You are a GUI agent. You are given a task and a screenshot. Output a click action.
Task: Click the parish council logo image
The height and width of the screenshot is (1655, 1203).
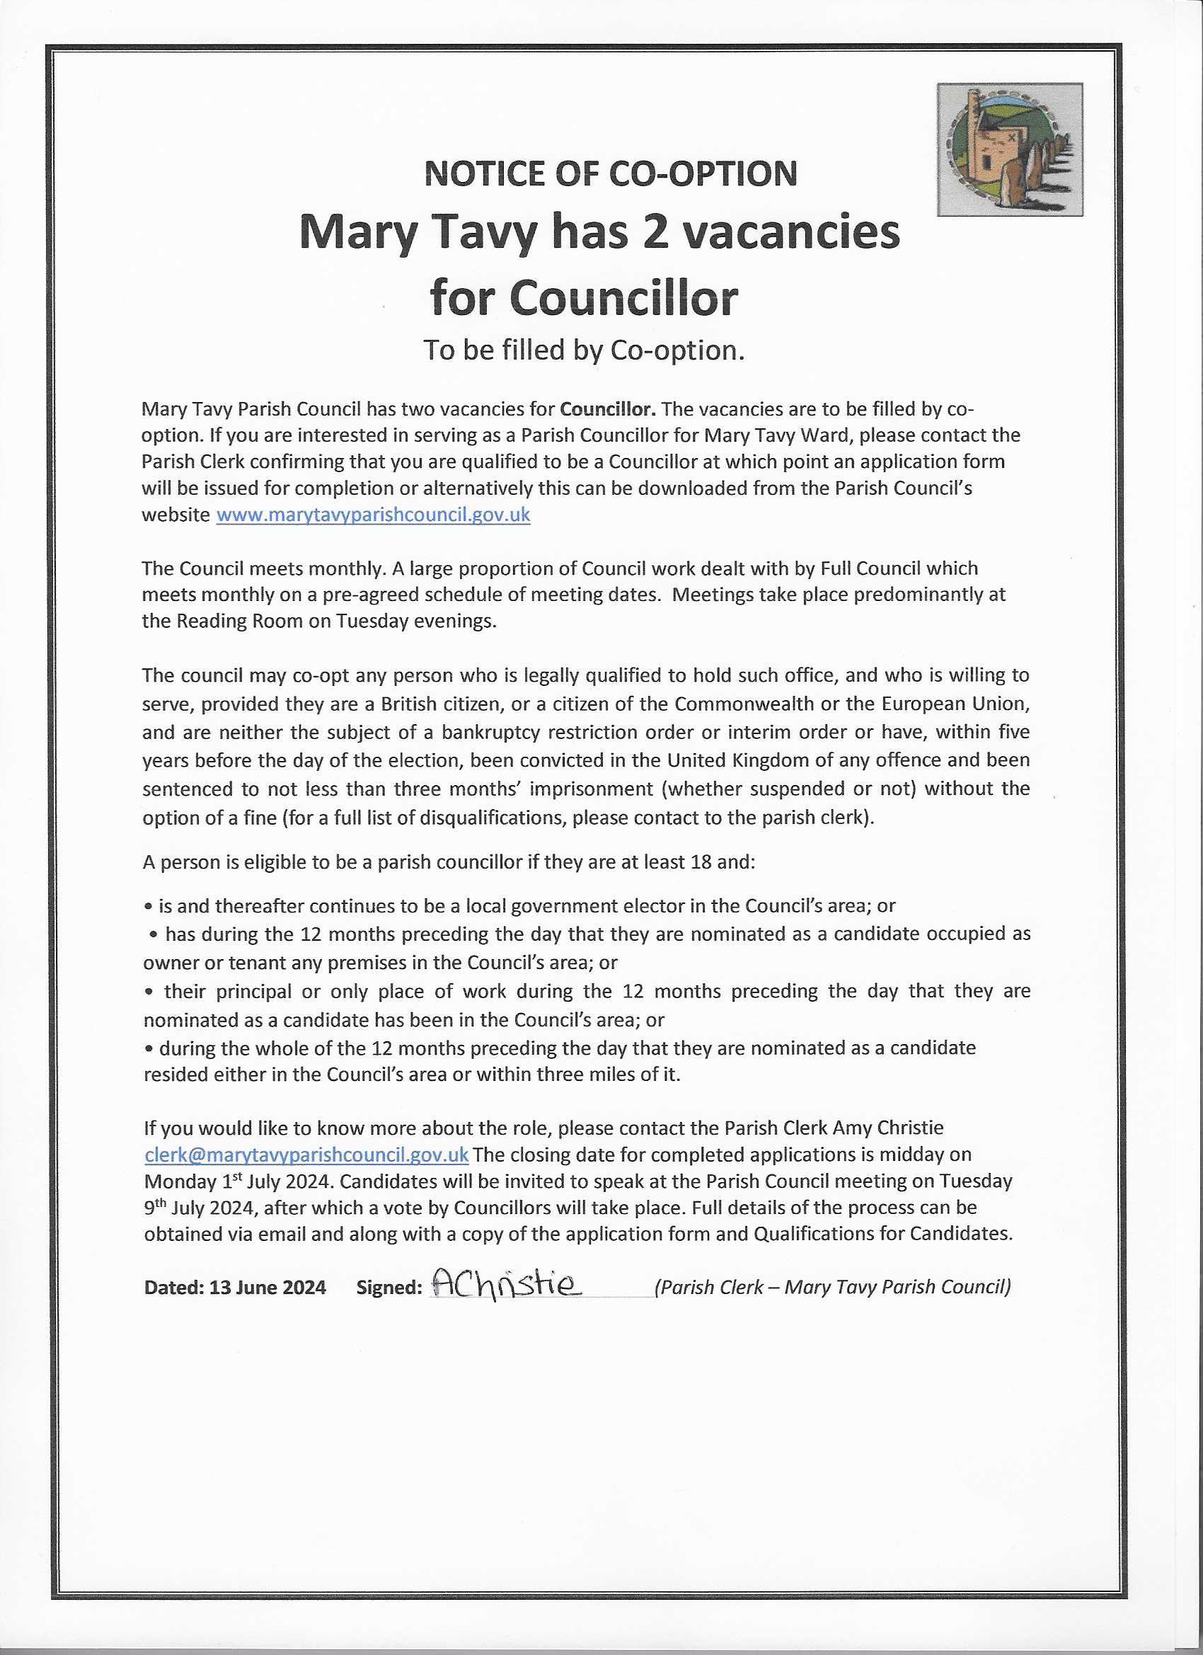[1010, 149]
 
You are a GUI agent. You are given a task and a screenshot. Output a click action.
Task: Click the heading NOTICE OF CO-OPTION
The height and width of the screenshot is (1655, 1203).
[611, 173]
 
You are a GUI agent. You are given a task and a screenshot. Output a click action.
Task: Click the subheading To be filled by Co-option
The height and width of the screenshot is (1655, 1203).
[584, 350]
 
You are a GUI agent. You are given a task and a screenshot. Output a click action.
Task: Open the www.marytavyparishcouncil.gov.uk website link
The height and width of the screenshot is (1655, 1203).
[374, 515]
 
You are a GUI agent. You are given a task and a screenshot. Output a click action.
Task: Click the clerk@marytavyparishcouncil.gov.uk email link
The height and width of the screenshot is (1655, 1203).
[306, 1155]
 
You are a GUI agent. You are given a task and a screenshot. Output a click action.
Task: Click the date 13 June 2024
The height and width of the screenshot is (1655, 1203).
[267, 1287]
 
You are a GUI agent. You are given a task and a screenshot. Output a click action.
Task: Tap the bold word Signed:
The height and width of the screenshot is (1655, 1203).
[388, 1287]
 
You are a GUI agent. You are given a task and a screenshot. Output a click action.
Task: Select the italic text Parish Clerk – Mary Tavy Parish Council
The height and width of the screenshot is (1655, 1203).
[832, 1286]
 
